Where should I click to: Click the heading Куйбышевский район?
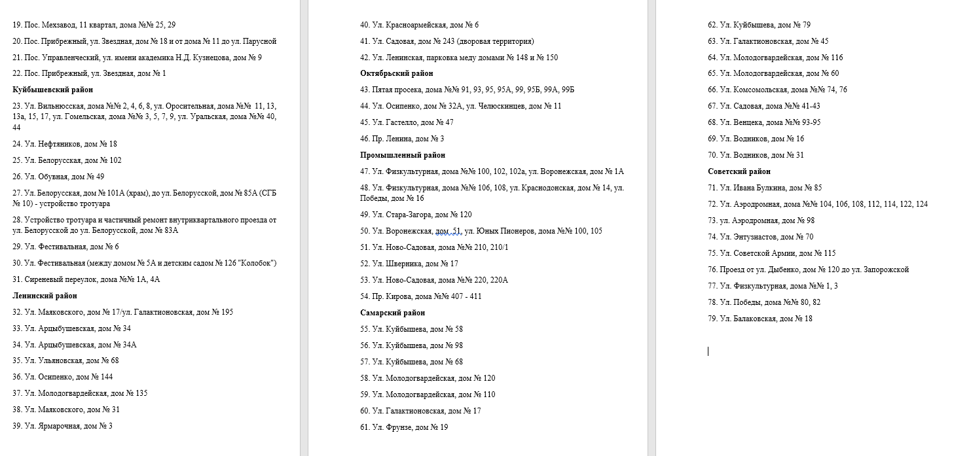click(52, 90)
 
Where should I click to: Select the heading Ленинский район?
click(44, 296)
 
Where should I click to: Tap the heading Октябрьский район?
click(396, 73)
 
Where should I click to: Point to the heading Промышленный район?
click(402, 155)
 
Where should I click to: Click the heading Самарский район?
click(393, 313)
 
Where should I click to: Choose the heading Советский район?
click(739, 171)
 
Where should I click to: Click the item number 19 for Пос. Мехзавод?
click(16, 25)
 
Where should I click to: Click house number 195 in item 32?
click(227, 312)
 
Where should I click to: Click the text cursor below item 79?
click(708, 351)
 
